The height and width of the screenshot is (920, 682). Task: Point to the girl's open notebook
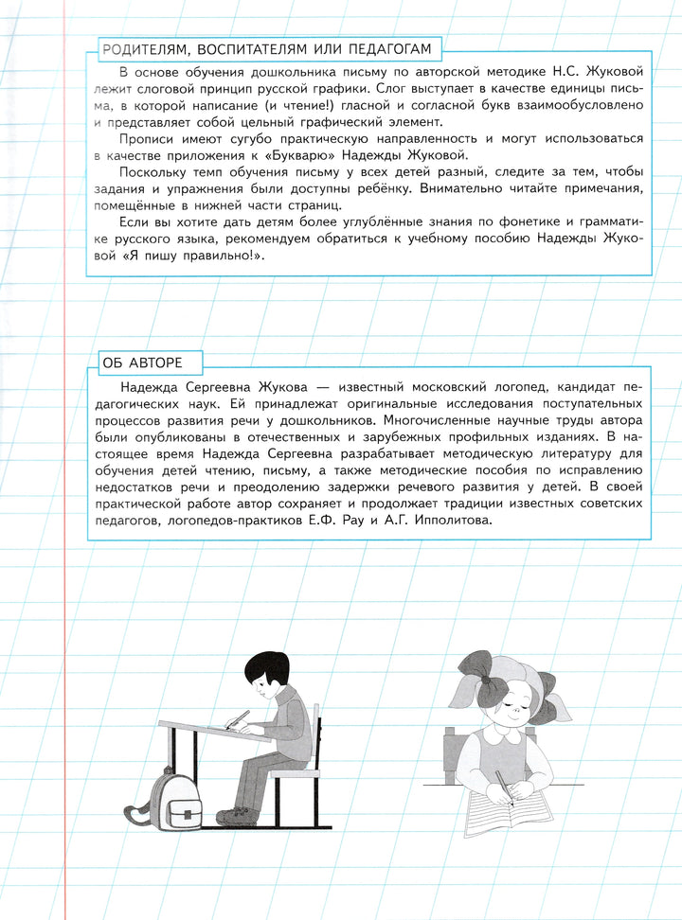click(x=511, y=815)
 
